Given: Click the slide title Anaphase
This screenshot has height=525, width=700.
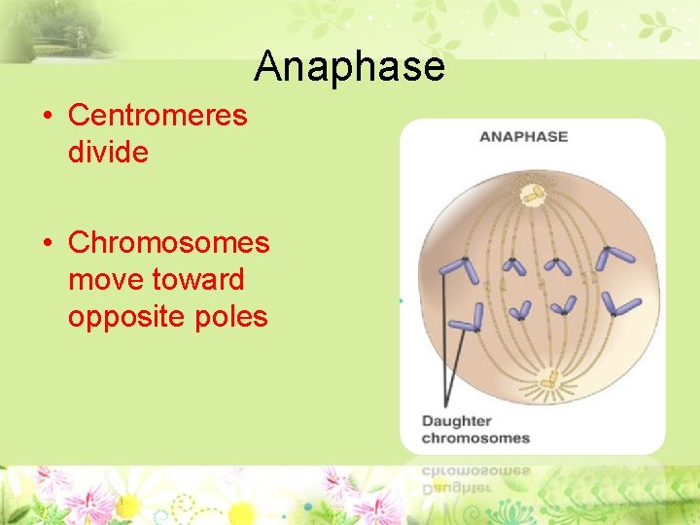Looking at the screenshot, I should click(x=349, y=66).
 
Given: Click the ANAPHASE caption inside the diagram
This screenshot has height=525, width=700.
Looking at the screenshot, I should click(x=523, y=136).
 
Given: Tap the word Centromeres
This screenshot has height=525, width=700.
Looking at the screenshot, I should click(x=157, y=116).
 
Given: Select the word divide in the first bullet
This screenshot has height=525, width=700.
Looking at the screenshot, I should click(x=108, y=153).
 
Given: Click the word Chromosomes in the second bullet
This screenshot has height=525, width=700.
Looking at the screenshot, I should click(x=168, y=242).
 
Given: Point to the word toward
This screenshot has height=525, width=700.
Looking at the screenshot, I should click(x=198, y=280).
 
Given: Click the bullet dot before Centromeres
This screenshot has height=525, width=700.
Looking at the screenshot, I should click(x=47, y=117).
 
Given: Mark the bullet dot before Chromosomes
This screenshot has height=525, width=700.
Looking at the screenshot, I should click(x=47, y=243).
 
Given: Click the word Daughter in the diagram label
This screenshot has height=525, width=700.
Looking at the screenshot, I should click(x=456, y=421).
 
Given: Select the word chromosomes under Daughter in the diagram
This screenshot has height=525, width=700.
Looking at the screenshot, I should click(x=475, y=438).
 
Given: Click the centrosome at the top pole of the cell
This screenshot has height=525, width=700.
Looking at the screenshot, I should click(x=532, y=194).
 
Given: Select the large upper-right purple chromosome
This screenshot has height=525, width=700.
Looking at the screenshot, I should click(x=613, y=257).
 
